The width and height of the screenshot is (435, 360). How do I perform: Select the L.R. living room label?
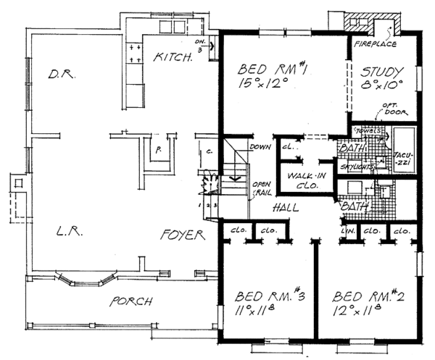[67, 232]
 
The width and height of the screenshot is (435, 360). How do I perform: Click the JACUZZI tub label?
[402, 159]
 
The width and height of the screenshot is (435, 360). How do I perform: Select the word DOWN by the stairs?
[260, 148]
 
